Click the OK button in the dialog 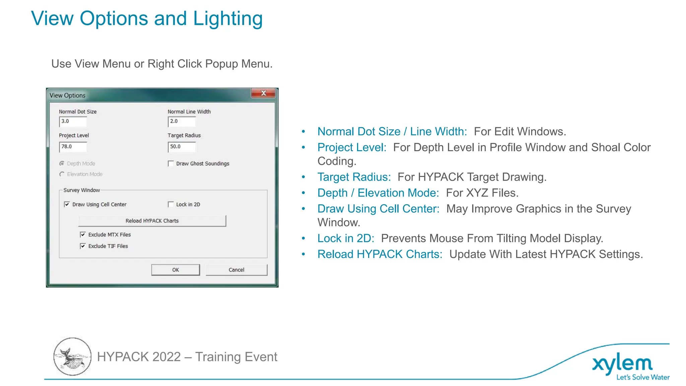click(x=176, y=270)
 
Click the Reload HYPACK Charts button click(x=152, y=221)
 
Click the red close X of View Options click(x=264, y=93)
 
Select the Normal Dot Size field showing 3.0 click(x=73, y=122)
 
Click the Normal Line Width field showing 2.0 click(x=182, y=122)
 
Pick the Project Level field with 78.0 click(x=73, y=147)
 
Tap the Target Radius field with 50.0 click(x=182, y=147)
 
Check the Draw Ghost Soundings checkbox click(x=171, y=164)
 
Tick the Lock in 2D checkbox click(x=171, y=204)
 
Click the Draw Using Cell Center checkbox click(x=67, y=204)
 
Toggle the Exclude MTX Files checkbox click(x=83, y=235)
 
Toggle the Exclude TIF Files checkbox click(x=83, y=246)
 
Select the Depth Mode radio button click(x=62, y=164)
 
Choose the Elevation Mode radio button click(x=62, y=174)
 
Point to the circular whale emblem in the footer click(x=72, y=357)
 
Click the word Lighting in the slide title click(x=228, y=18)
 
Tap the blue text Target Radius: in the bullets click(x=354, y=177)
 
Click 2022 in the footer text click(x=166, y=357)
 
